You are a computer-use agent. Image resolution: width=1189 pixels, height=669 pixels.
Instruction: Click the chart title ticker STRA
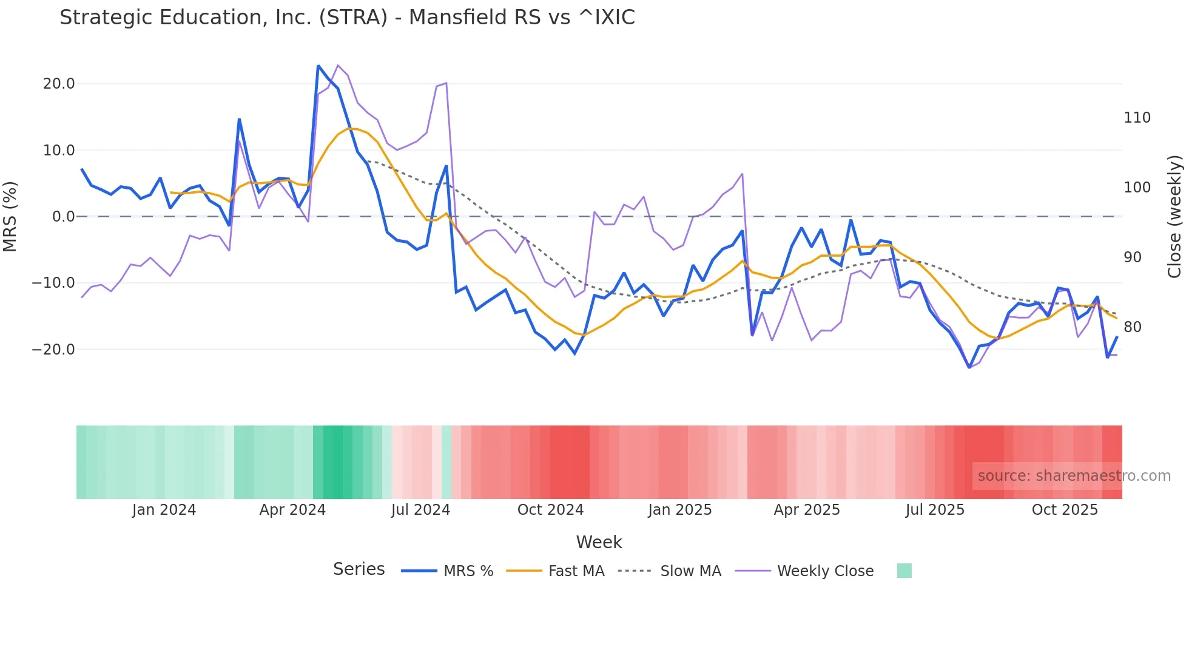353,18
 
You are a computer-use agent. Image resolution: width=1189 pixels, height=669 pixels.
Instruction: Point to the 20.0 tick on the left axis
59,84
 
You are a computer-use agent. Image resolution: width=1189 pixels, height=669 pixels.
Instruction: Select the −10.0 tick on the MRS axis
53,283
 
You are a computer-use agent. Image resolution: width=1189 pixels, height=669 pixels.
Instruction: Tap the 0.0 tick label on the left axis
64,217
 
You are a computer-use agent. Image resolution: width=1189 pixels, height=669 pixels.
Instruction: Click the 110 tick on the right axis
1137,118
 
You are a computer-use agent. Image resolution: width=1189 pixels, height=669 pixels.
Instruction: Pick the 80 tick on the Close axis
1133,327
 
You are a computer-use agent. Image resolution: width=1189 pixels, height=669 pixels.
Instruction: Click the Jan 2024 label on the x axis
164,510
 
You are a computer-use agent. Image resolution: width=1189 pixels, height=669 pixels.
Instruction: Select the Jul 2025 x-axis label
935,510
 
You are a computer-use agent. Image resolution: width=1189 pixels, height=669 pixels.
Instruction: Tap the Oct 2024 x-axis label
550,510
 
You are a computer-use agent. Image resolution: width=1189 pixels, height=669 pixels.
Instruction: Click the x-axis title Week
599,542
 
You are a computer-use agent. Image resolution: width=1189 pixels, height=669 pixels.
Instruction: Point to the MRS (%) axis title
10,217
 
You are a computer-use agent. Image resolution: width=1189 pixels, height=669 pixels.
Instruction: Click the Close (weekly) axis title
1175,217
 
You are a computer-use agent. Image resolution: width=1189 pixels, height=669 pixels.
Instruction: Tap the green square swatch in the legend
904,571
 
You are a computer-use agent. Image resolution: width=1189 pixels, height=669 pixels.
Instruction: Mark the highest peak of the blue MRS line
318,66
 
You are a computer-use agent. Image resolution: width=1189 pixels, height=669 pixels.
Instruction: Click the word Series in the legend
359,569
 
